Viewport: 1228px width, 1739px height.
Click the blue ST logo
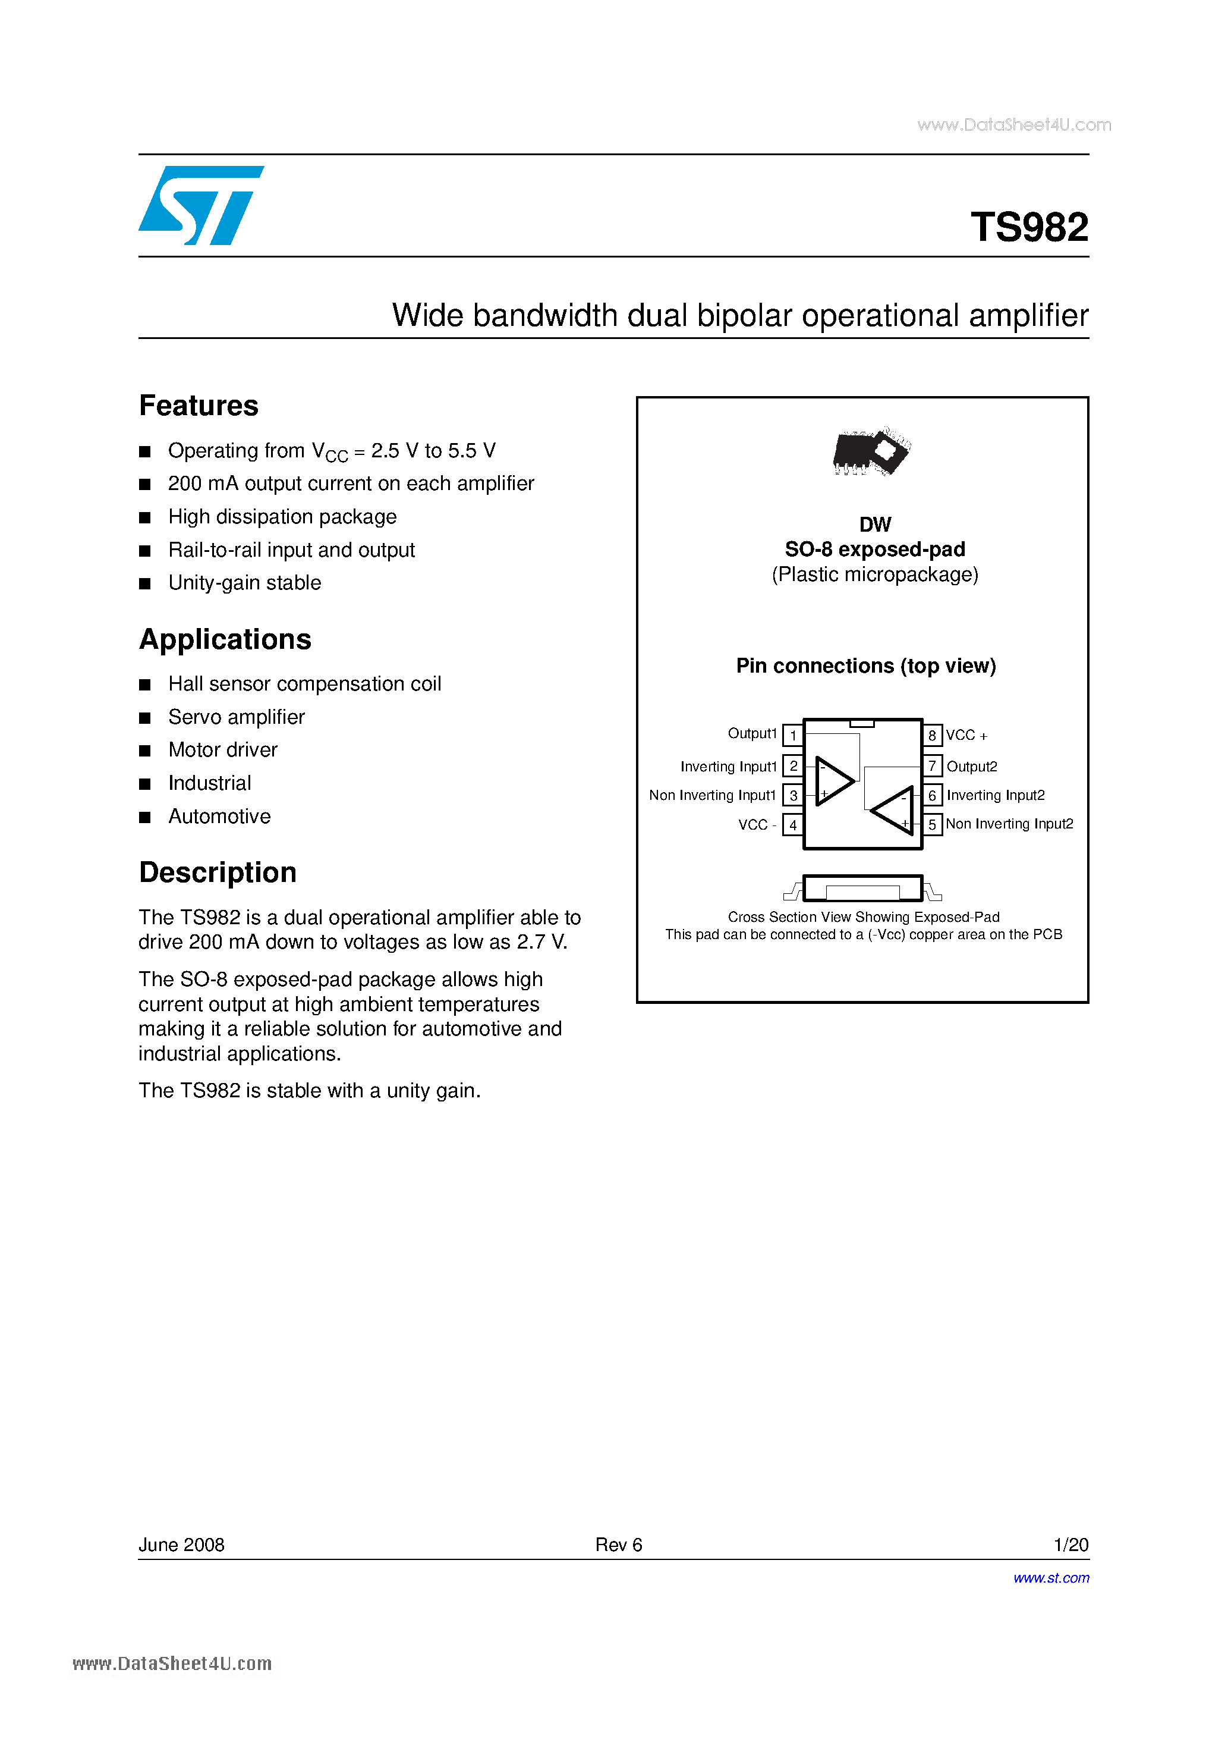click(x=201, y=205)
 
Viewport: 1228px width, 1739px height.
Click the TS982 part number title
click(x=1029, y=227)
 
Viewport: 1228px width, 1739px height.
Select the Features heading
click(x=199, y=406)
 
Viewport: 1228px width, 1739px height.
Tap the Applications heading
click(x=225, y=639)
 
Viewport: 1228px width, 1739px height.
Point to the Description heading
click(x=218, y=872)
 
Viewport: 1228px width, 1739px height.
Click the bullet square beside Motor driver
click(x=144, y=751)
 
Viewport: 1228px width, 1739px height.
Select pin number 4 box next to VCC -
click(x=793, y=825)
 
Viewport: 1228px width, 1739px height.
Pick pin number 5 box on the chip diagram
click(x=932, y=824)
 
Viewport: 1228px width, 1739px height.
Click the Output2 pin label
click(x=971, y=767)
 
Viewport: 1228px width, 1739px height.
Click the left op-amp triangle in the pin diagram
click(x=833, y=781)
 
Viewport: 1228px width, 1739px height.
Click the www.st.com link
click(x=1051, y=1578)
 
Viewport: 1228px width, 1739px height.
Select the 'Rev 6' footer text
click(x=619, y=1545)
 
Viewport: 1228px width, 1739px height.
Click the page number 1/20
click(x=1070, y=1545)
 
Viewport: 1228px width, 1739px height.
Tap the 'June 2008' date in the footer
click(x=182, y=1545)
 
